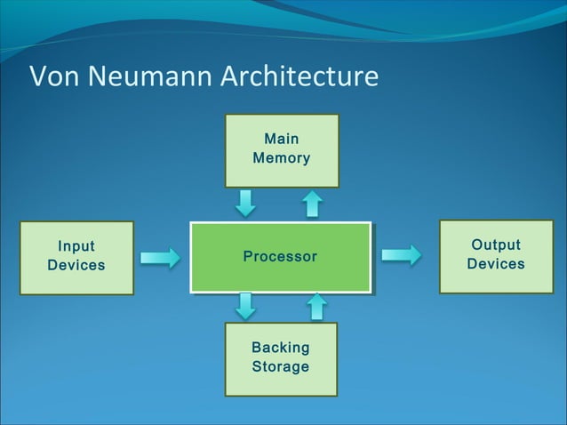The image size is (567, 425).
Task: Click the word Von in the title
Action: tap(52, 77)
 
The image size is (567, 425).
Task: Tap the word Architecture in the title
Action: tap(297, 77)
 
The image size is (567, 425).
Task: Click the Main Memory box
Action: tap(282, 150)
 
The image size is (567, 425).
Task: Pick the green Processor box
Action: tap(280, 257)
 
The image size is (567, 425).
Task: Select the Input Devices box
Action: tap(76, 257)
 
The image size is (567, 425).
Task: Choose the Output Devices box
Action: tap(496, 256)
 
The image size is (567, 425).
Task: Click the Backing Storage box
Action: tap(281, 358)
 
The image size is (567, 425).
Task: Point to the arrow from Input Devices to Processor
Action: tap(161, 258)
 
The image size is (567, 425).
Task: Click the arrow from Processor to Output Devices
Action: tap(402, 256)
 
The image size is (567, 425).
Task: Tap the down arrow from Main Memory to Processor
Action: tap(245, 204)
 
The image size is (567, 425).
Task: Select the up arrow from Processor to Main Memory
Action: tap(312, 204)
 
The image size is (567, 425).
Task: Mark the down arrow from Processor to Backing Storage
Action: tap(246, 307)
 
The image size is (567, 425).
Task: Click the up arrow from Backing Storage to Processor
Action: tap(316, 307)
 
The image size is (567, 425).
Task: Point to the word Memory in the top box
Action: tap(282, 159)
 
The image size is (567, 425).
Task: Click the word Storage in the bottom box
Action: tap(281, 367)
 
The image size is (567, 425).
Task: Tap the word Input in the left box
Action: tap(76, 247)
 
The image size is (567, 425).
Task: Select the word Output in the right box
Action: tap(496, 245)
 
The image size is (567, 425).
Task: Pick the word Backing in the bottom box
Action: tap(281, 348)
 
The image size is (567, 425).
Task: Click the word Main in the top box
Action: tap(282, 140)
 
